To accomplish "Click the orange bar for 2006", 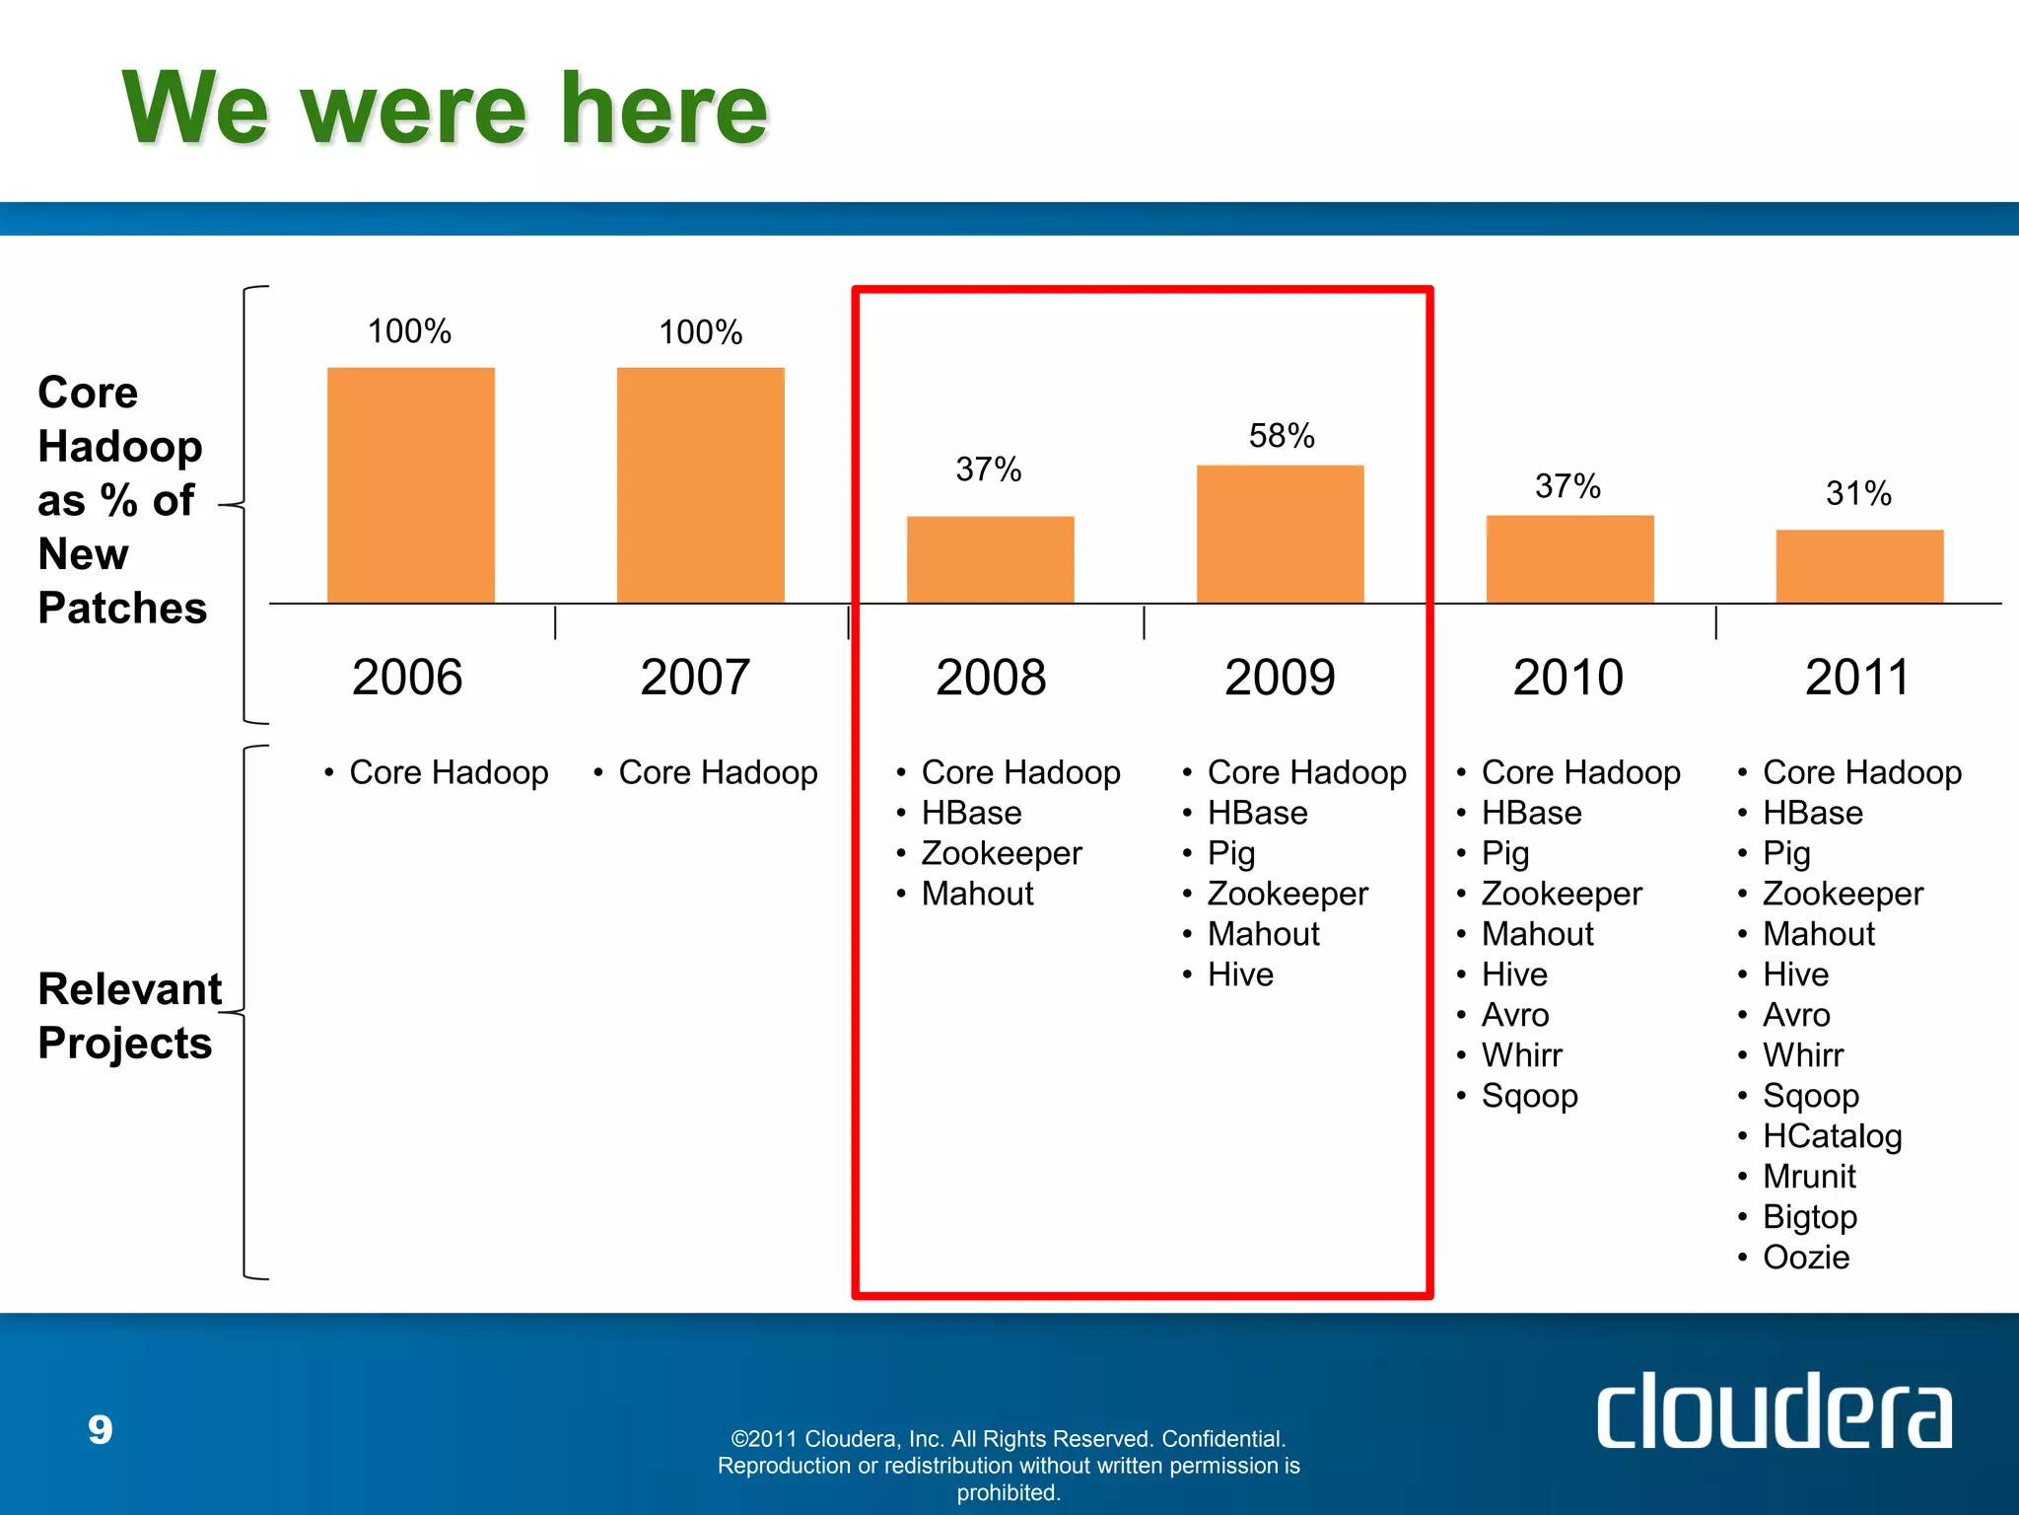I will (410, 484).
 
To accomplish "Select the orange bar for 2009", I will (1280, 534).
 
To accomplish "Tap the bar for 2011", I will (1859, 566).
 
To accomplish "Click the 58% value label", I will (1282, 436).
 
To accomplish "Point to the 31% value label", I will (1858, 493).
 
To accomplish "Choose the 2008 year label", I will (991, 678).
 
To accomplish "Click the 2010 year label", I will (1567, 678).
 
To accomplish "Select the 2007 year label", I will (695, 678).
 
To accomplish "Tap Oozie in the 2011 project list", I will (1805, 1258).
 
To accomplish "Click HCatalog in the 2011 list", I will (1832, 1136).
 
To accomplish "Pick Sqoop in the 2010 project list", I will (1529, 1096).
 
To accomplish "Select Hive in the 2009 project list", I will (1240, 974).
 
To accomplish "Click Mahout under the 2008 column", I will (977, 894).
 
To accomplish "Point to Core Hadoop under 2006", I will (449, 772).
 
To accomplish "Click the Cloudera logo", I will (1774, 1411).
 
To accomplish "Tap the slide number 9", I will (101, 1429).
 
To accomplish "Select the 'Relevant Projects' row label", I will (128, 1016).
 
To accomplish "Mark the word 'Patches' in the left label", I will (122, 608).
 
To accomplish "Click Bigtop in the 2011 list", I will (1809, 1217).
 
